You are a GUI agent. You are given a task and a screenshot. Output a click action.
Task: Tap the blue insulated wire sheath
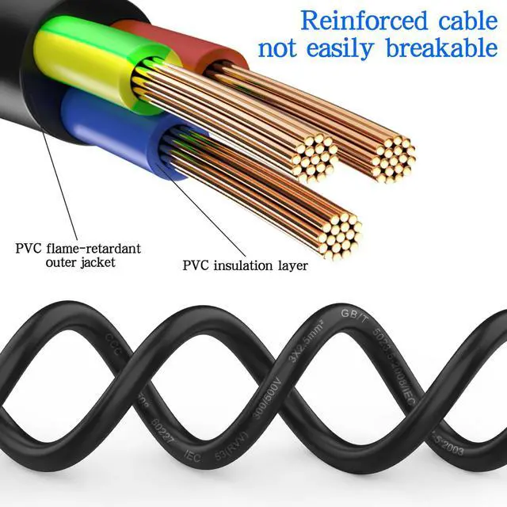pos(111,127)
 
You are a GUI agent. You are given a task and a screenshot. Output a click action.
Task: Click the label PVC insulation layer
pos(246,265)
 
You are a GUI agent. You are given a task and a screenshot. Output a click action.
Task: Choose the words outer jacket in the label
pos(79,262)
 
